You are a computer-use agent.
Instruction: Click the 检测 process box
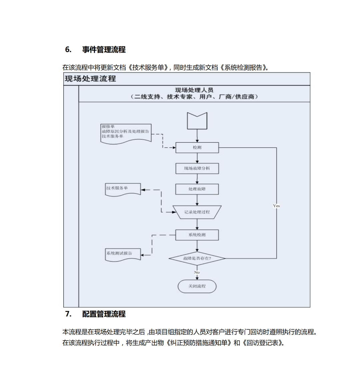pos(197,148)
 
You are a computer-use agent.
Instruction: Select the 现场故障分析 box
pos(197,168)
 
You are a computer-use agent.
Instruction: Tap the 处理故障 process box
pos(197,189)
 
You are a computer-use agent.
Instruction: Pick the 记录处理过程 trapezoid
pos(197,212)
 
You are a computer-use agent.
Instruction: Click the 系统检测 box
pos(197,235)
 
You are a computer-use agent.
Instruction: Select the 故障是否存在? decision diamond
pos(197,258)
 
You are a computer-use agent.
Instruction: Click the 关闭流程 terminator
pos(197,286)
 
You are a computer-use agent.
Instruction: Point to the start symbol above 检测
pos(197,121)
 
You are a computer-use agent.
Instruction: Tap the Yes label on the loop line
pos(276,206)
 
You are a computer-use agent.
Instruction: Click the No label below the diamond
pos(197,272)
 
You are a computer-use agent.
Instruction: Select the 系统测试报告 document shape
pos(123,254)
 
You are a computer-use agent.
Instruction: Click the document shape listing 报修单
pos(126,133)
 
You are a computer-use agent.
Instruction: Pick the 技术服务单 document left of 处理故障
pos(123,189)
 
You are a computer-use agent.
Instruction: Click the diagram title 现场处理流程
pos(90,79)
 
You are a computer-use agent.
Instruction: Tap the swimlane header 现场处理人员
pos(194,90)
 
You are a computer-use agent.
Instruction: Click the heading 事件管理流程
pos(104,50)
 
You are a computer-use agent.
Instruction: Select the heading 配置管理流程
pos(104,314)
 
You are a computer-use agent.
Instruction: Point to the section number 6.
pos(68,50)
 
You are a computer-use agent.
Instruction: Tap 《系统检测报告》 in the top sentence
pos(243,67)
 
